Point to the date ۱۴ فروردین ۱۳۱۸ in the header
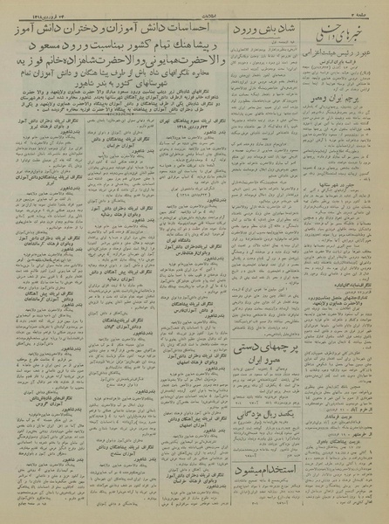(34, 7)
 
